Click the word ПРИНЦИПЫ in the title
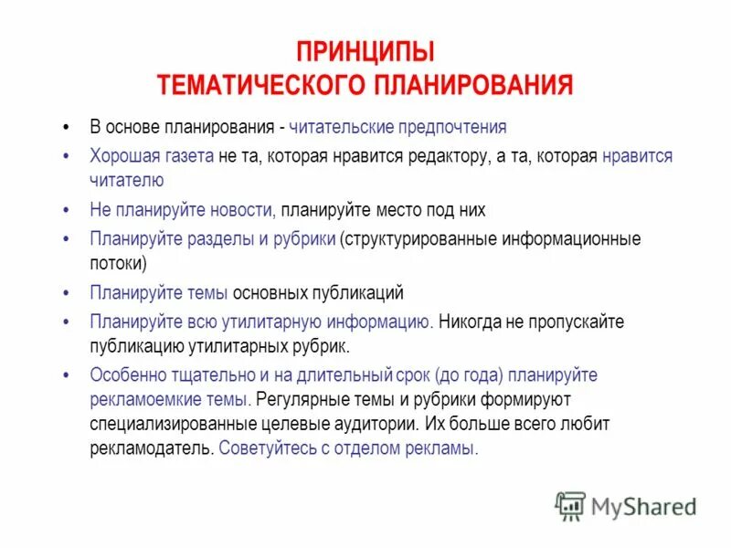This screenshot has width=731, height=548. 365,52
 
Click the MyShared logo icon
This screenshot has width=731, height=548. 570,506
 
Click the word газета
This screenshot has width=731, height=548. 188,156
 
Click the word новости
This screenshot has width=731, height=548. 241,210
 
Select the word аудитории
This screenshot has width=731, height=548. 377,424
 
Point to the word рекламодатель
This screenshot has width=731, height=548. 152,448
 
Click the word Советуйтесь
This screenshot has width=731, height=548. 267,448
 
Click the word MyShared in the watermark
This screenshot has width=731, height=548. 644,507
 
